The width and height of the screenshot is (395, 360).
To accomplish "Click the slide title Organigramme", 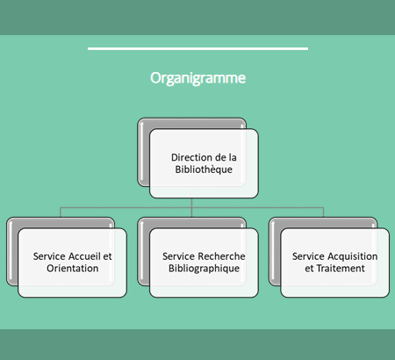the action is [197, 78].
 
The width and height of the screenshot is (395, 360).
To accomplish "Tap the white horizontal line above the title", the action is [197, 48].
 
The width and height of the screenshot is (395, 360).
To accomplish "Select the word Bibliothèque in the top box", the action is [204, 169].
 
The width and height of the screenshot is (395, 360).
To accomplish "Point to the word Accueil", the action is [84, 256].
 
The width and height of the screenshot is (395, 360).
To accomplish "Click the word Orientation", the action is [73, 269].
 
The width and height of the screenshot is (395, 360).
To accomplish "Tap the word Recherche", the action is [221, 256].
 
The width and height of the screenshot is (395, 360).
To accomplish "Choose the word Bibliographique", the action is [204, 269].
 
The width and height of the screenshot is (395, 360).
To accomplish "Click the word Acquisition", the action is [352, 256].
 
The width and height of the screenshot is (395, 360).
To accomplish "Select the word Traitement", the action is [341, 269].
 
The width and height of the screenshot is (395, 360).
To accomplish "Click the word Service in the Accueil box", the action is [49, 256].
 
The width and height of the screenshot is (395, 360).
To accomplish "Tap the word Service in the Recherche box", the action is [179, 256].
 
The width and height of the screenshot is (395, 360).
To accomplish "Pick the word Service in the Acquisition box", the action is [309, 256].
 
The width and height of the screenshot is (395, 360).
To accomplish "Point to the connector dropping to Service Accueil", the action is [61, 212].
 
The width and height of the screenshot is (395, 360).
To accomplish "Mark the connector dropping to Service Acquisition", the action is [323, 212].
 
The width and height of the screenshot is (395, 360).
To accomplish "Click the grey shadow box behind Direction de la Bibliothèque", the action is [143, 152].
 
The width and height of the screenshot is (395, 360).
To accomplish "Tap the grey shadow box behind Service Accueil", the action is [12, 252].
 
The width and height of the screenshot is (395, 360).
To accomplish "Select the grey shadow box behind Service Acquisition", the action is [275, 252].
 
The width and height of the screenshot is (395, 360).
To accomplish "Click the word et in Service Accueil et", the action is [107, 256].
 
